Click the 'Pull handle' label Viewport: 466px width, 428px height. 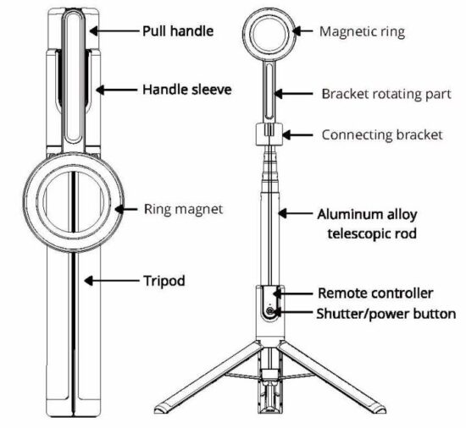(176, 31)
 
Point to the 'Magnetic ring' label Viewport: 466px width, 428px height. (363, 31)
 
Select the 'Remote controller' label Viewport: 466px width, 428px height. (375, 294)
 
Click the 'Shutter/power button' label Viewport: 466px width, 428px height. (386, 313)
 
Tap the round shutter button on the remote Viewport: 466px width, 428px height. (270, 312)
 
